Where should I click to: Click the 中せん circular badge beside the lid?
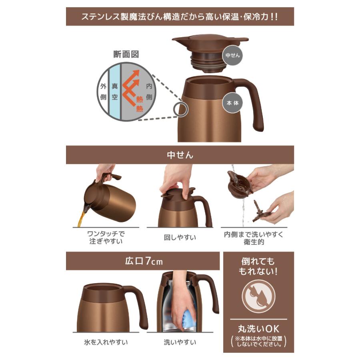click(233, 56)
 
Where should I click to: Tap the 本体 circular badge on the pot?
click(233, 102)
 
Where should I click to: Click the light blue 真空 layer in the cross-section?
click(115, 92)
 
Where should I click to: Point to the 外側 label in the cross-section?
click(103, 92)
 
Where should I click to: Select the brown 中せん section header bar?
click(180, 155)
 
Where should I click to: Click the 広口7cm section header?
click(143, 261)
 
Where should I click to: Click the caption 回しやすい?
click(180, 238)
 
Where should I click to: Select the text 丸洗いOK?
click(258, 329)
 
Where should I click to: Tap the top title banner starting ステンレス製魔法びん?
click(180, 17)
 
